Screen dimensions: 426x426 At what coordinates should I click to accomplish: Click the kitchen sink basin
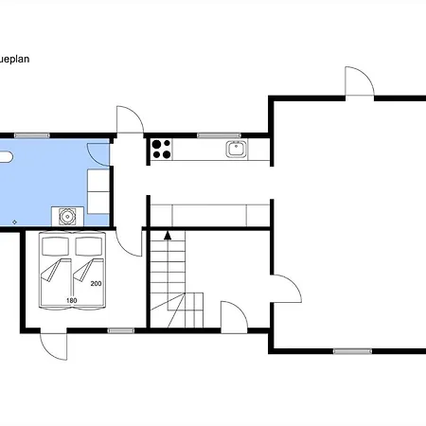point(237,149)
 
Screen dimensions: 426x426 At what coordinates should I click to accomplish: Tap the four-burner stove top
point(161,150)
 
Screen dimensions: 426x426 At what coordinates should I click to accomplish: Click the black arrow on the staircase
point(168,236)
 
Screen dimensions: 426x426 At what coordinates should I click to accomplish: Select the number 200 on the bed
point(96,284)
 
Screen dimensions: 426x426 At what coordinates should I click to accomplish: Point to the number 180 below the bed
point(72,300)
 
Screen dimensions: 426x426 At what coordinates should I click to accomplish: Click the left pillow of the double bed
point(55,246)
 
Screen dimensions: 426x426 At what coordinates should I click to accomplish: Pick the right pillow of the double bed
point(89,246)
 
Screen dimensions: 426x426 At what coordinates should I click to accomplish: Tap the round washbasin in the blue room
point(67,217)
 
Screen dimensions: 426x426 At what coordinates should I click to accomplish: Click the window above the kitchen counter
point(219,135)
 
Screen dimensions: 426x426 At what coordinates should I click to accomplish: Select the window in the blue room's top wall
point(32,135)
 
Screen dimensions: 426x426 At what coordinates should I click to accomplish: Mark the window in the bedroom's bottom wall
point(121,330)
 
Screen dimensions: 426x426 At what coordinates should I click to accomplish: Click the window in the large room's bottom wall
point(352,351)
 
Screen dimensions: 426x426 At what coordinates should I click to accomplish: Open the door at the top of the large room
point(360,81)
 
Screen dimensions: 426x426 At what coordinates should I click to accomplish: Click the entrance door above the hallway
point(131,120)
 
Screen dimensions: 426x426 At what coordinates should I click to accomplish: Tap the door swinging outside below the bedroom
point(54,346)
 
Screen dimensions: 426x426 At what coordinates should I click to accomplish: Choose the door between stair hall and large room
point(287,289)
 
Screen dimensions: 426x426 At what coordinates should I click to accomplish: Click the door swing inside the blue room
point(98,154)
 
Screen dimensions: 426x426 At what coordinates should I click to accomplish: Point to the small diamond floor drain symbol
point(14,222)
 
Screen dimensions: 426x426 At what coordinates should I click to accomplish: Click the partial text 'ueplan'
point(15,60)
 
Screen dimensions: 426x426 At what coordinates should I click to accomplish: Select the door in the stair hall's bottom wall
point(234,316)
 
